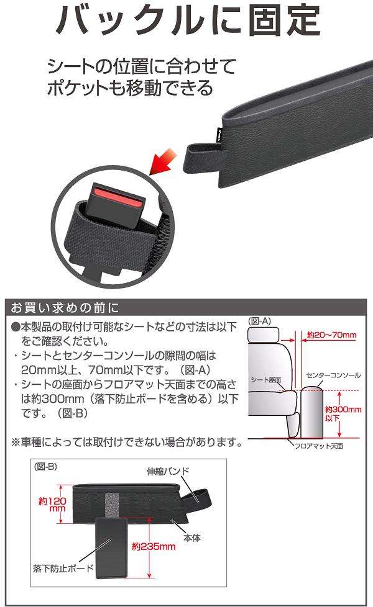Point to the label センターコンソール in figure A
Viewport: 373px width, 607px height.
(x=333, y=375)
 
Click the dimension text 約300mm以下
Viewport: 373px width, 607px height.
(x=343, y=414)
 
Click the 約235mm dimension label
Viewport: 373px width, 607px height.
(x=153, y=547)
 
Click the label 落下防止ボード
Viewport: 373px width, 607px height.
(x=62, y=568)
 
